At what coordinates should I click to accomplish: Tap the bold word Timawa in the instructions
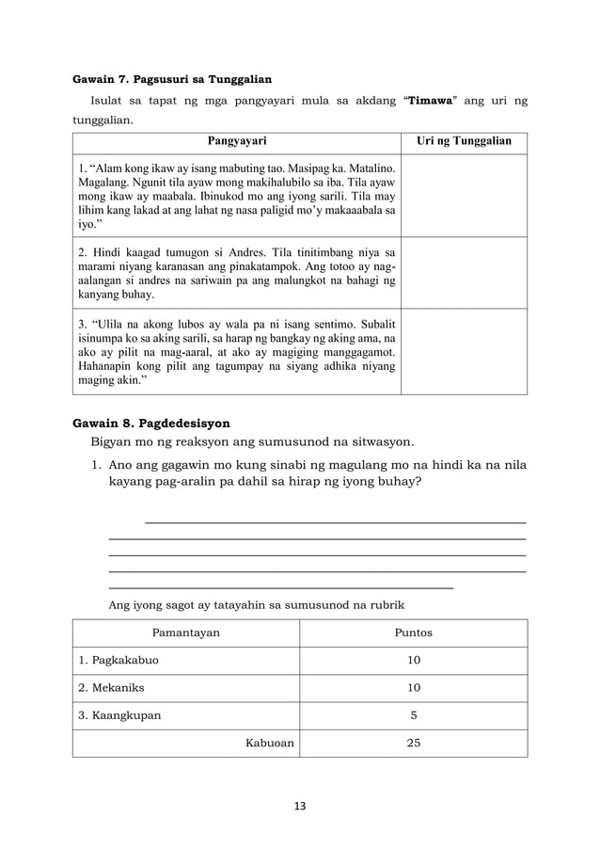tap(433, 102)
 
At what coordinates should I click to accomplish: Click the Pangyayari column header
tap(236, 141)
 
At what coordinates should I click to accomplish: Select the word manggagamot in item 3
tap(355, 350)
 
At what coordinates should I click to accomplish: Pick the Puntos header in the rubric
tap(414, 633)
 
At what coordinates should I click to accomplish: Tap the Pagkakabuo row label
tap(118, 661)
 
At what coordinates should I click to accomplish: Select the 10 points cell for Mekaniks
tap(414, 688)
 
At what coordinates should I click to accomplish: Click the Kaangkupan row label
tap(119, 715)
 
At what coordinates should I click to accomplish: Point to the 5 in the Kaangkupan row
tap(414, 715)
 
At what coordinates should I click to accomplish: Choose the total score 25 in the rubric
tap(414, 743)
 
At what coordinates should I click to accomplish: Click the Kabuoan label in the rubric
tap(270, 743)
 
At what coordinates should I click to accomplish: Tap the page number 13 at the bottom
tap(300, 806)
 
